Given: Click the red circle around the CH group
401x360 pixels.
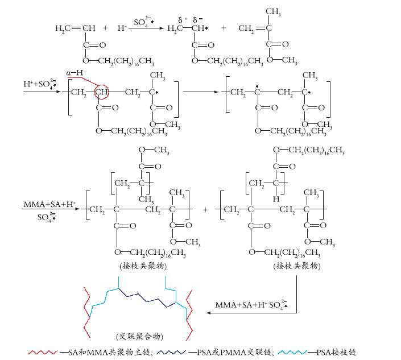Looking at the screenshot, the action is click(94, 92).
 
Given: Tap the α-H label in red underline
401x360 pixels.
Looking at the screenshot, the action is click(75, 73).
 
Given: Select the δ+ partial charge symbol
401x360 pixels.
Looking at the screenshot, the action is click(183, 20).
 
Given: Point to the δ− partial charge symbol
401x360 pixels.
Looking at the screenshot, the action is click(198, 20).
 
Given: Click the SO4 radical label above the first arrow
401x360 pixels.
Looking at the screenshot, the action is click(144, 22).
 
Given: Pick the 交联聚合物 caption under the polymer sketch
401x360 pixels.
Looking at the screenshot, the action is click(139, 336).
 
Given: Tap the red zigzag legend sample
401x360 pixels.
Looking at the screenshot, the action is click(43, 353).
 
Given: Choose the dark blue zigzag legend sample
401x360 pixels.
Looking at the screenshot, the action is click(171, 353).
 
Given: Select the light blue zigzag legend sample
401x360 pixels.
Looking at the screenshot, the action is click(292, 353).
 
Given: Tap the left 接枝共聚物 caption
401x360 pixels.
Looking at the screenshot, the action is click(143, 266).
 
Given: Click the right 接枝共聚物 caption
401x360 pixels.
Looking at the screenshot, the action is click(297, 266).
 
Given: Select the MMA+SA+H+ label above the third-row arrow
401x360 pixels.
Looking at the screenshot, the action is click(49, 204).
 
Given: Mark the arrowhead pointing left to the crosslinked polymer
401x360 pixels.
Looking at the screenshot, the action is click(208, 313).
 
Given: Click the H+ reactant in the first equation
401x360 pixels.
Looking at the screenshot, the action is click(122, 28).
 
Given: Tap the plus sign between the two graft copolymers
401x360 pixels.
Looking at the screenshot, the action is click(205, 210).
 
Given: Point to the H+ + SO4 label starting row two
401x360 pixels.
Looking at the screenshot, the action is click(40, 84).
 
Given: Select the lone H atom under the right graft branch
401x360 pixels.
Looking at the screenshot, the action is click(276, 199).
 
